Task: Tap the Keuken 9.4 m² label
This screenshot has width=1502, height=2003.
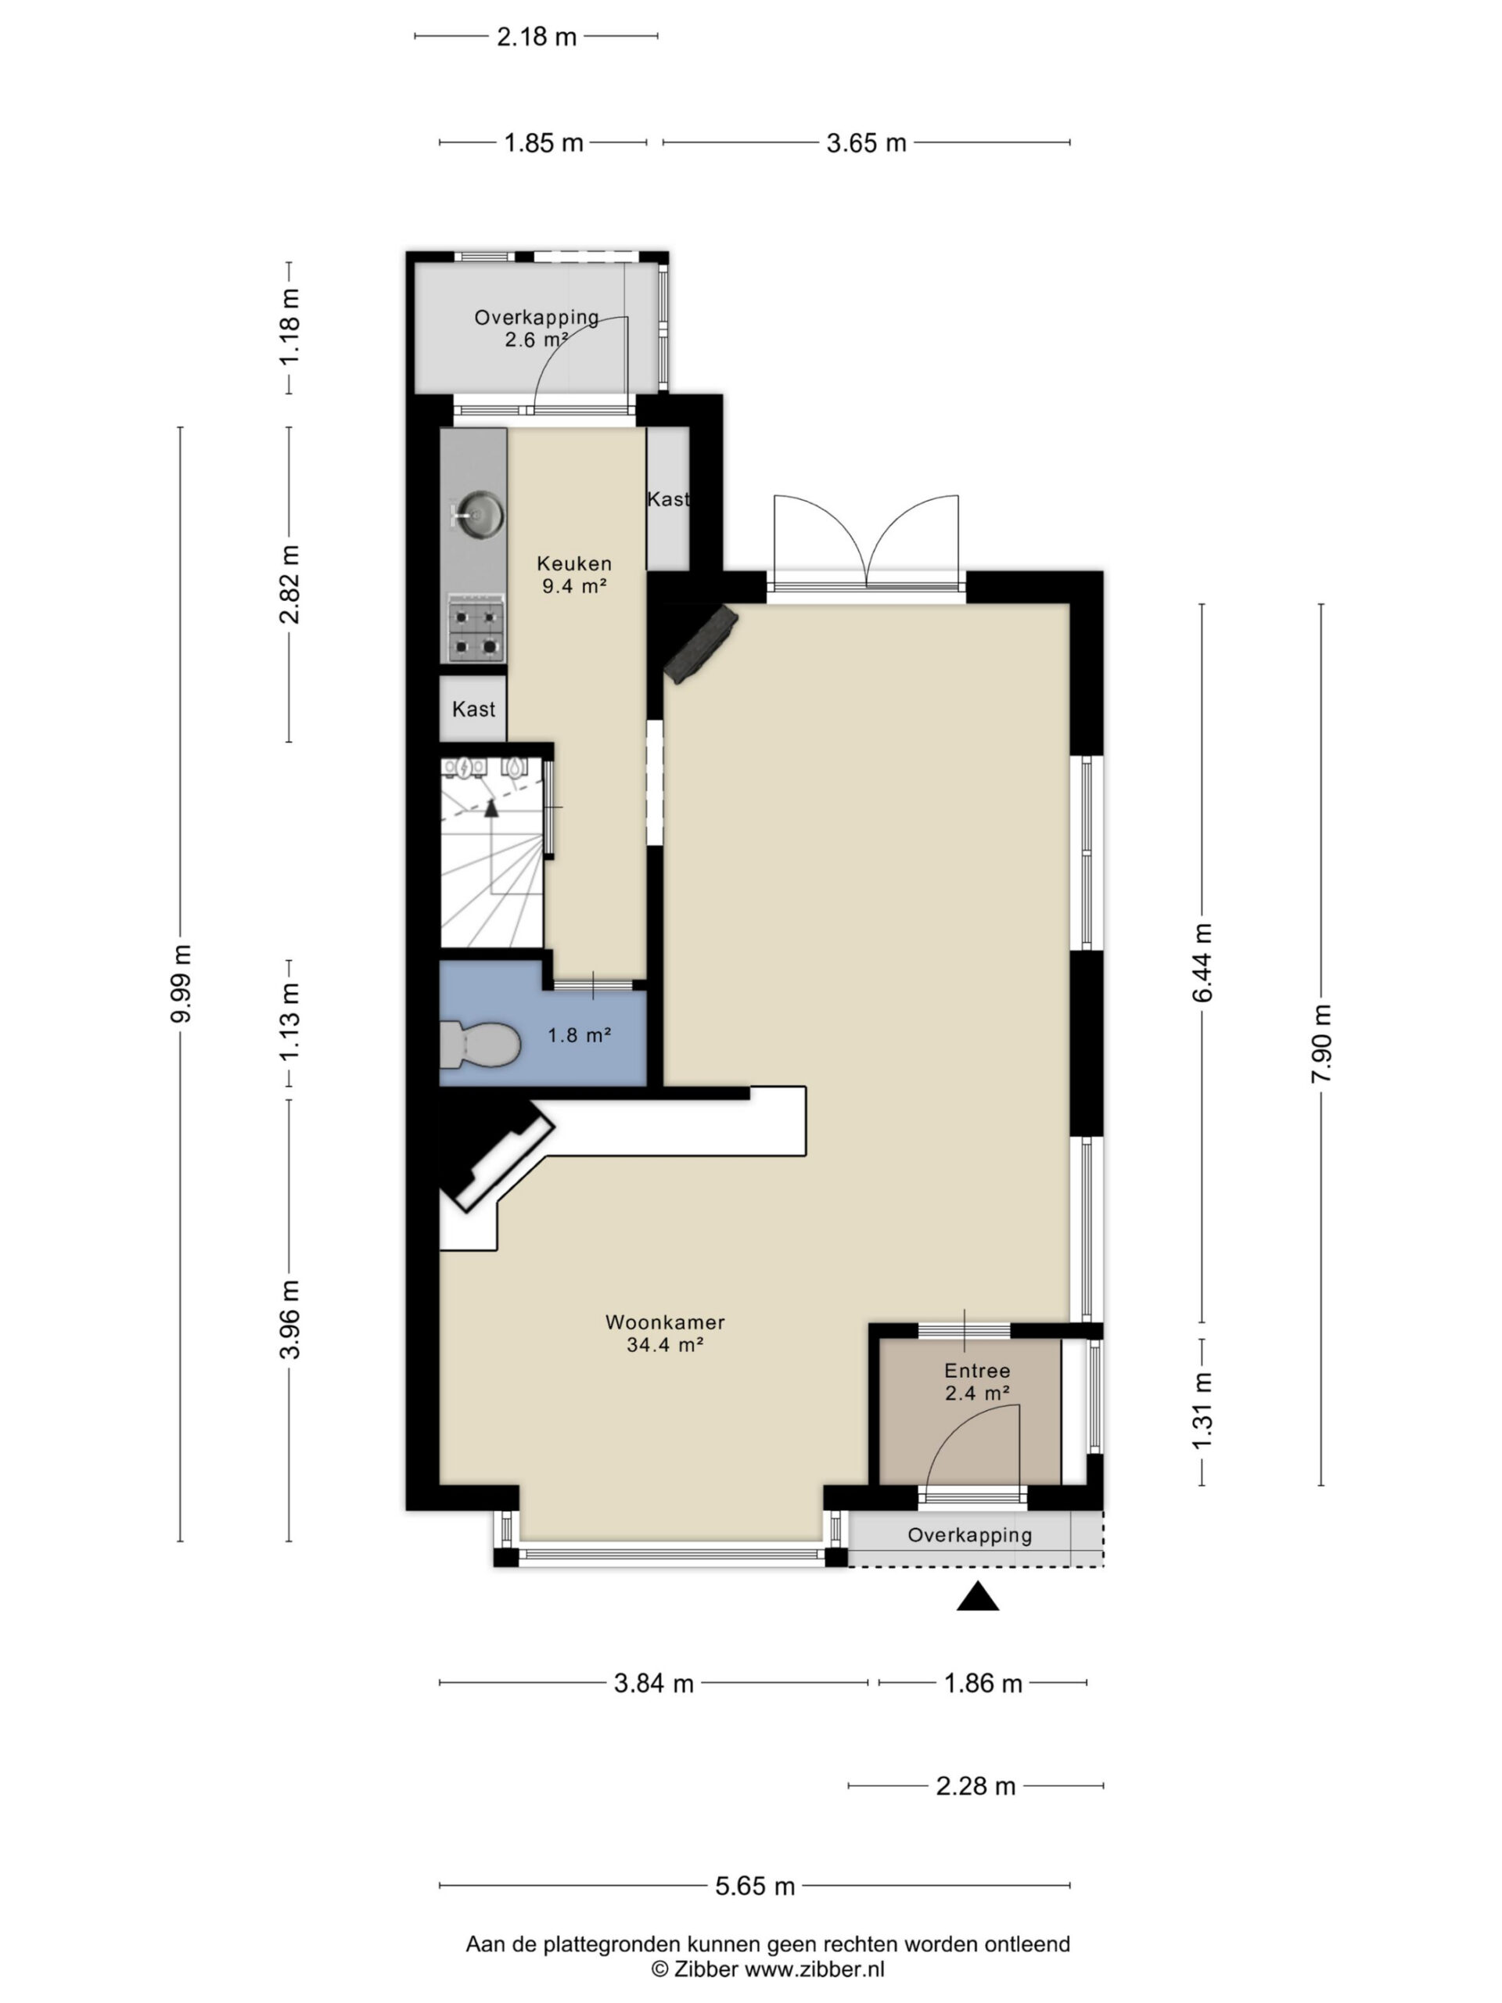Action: pos(574,574)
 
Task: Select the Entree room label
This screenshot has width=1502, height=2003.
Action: pos(977,1382)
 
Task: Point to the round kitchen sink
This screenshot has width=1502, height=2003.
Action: pos(477,516)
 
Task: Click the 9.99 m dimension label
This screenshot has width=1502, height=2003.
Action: pos(181,984)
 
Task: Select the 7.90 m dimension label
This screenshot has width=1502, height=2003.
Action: pos(1321,1043)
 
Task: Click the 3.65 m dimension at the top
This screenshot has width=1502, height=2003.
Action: pos(867,143)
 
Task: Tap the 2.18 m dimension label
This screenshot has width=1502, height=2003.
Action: pos(537,37)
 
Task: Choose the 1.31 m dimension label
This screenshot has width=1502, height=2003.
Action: pos(1202,1411)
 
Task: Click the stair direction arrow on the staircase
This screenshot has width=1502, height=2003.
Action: pos(491,807)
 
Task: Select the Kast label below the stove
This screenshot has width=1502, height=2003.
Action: pos(473,709)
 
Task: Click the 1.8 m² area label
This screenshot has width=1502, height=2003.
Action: pos(580,1034)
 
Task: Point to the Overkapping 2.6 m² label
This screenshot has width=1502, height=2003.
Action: pos(537,329)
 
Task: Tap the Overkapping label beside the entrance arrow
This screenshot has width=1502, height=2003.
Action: pos(969,1536)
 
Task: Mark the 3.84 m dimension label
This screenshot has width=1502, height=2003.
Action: pos(654,1683)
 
